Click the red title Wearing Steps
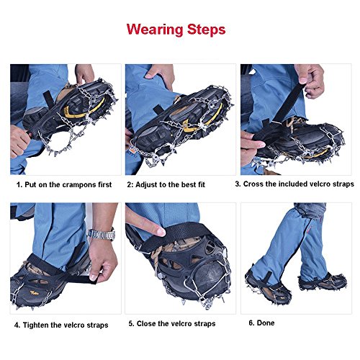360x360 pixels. (x=176, y=30)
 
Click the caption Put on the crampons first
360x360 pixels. (x=65, y=184)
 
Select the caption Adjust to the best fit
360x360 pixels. (x=166, y=184)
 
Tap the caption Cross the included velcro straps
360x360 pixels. (x=294, y=184)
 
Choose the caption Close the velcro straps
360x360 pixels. (x=172, y=324)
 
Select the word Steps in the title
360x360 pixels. (x=203, y=30)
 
